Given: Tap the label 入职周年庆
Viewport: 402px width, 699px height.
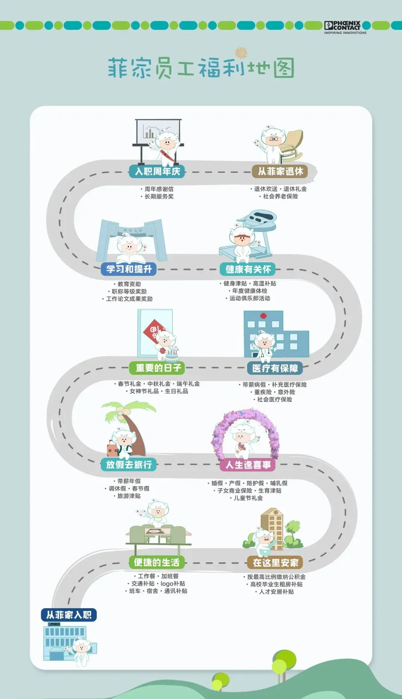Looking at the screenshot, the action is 157,171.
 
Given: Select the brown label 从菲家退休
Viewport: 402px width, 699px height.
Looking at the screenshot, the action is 281,171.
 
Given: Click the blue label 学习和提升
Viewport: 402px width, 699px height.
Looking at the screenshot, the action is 129,269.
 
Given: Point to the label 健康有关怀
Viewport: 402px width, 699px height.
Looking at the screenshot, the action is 248,269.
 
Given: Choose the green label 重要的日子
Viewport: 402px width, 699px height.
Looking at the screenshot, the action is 158,368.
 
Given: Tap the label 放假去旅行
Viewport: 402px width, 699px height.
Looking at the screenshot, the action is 129,464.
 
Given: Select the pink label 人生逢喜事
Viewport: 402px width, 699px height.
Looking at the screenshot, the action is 248,465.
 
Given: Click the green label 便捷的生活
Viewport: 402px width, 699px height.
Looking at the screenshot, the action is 156,562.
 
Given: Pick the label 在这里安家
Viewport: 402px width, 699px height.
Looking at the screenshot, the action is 275,563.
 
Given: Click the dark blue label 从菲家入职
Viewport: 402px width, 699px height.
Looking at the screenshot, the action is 69,615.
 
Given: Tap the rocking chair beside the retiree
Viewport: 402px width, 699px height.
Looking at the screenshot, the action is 292,143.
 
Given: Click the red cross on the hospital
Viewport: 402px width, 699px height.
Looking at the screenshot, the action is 264,316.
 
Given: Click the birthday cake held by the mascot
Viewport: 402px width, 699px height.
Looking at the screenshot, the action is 172,356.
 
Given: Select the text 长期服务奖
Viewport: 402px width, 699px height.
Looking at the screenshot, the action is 159,197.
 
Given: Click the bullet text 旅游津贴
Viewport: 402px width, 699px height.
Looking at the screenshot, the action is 129,496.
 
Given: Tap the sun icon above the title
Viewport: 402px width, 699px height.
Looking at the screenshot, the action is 241,53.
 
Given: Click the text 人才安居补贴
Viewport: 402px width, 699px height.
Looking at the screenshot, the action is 276,592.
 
